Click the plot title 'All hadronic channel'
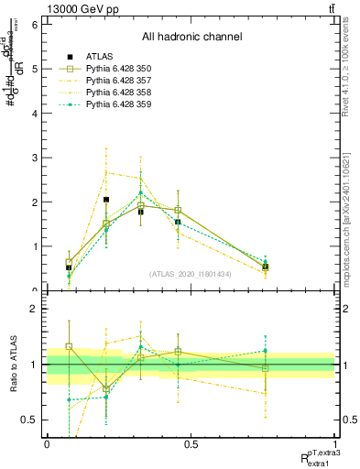coord(191,37)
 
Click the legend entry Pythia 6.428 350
coord(112,68)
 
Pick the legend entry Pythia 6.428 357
coord(112,80)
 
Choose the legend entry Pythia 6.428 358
coord(112,92)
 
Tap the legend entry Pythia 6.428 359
coord(112,104)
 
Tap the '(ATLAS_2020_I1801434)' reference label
coord(191,274)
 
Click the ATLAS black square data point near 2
coord(106,200)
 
